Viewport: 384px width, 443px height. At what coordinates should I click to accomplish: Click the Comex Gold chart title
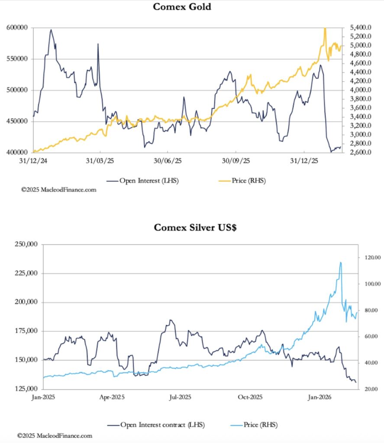[182, 7]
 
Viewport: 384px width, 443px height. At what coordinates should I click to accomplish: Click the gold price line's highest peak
[325, 28]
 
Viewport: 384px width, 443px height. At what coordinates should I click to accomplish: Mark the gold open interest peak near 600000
[51, 30]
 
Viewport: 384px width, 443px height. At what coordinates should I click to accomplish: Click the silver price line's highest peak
[341, 262]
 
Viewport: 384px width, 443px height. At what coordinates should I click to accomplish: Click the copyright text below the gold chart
[59, 189]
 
